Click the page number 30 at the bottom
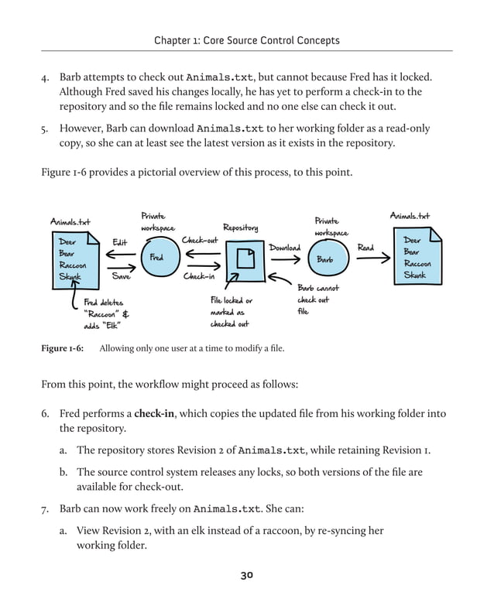coord(246,575)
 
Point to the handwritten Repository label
coord(241,228)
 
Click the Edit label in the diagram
coord(120,242)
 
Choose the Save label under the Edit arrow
coord(121,275)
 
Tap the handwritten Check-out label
coord(200,241)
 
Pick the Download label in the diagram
coord(284,248)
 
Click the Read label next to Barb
coord(365,248)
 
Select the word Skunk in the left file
coord(70,276)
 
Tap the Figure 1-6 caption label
coord(62,348)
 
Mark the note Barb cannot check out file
coord(317,299)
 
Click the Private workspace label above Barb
coord(331,227)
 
